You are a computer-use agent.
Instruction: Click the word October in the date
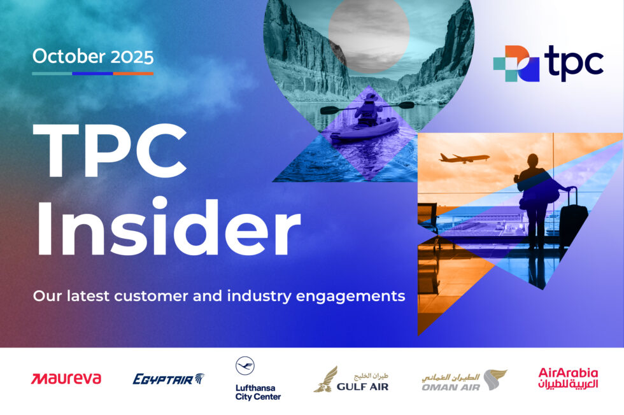pyautogui.click(x=62, y=57)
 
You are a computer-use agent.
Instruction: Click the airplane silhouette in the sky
pyautogui.click(x=464, y=157)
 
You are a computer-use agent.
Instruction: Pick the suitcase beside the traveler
pyautogui.click(x=572, y=216)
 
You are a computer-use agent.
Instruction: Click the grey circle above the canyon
pyautogui.click(x=367, y=35)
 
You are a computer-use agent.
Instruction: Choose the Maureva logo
pyautogui.click(x=66, y=379)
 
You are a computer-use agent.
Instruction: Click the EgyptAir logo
pyautogui.click(x=168, y=379)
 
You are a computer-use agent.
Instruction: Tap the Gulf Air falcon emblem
pyautogui.click(x=327, y=379)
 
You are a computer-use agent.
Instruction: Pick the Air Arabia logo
pyautogui.click(x=568, y=377)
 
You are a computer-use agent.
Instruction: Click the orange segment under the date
pyautogui.click(x=133, y=74)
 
